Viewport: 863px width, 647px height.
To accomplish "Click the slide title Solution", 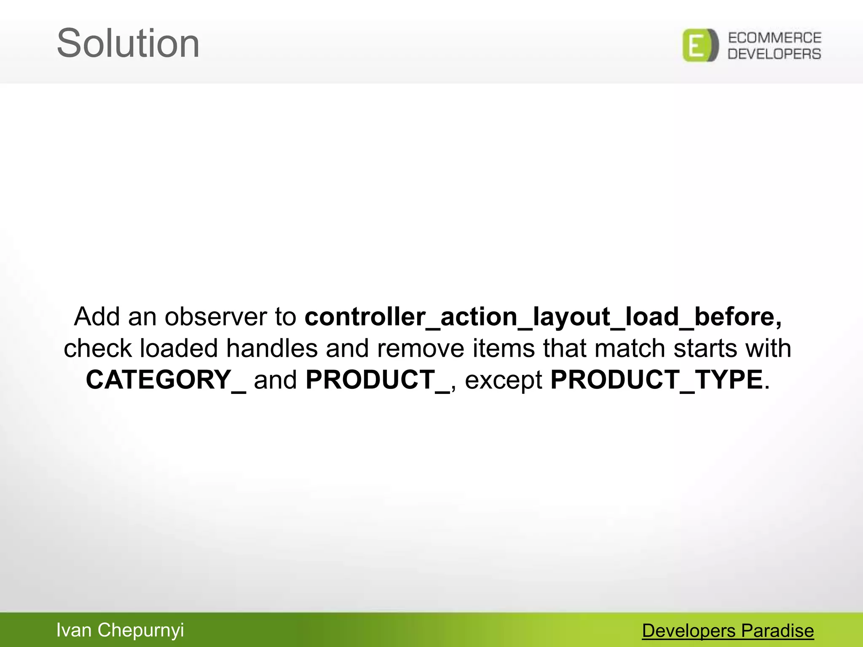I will click(128, 43).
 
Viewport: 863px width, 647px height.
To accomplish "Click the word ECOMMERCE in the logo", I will click(775, 38).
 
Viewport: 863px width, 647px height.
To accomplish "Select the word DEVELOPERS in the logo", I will click(775, 54).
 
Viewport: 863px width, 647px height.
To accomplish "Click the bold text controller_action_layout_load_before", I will click(543, 317).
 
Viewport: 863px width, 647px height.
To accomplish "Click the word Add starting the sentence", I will click(97, 317).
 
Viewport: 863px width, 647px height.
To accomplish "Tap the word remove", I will click(420, 349).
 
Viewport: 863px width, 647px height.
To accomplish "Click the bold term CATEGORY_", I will click(166, 380).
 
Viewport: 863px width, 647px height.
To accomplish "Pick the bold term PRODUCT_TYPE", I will click(657, 380).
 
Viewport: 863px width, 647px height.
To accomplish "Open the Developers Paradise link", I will click(728, 631).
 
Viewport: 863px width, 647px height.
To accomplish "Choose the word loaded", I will click(179, 349).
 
